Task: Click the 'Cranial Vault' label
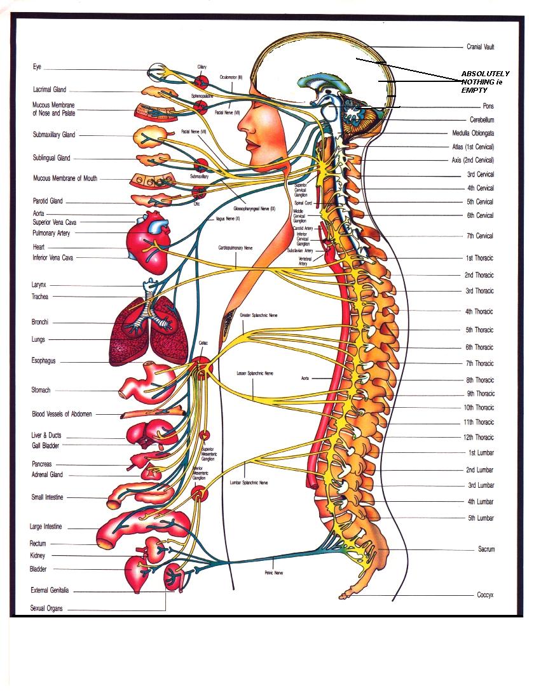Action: coord(480,47)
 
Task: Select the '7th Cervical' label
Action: coord(480,236)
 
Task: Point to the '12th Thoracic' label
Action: coord(479,437)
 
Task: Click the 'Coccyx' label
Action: coord(485,595)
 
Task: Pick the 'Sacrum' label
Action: coord(486,549)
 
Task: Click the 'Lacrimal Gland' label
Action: coord(50,90)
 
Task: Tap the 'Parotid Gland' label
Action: coord(48,201)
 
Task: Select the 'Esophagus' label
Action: coord(44,361)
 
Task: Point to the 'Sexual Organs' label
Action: coord(47,608)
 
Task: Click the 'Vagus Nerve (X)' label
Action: coord(228,218)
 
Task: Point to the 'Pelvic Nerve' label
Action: coord(274,572)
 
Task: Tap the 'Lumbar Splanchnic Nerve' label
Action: coord(249,483)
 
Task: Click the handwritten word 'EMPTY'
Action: coord(474,91)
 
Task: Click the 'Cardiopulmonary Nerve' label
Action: coord(235,248)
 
